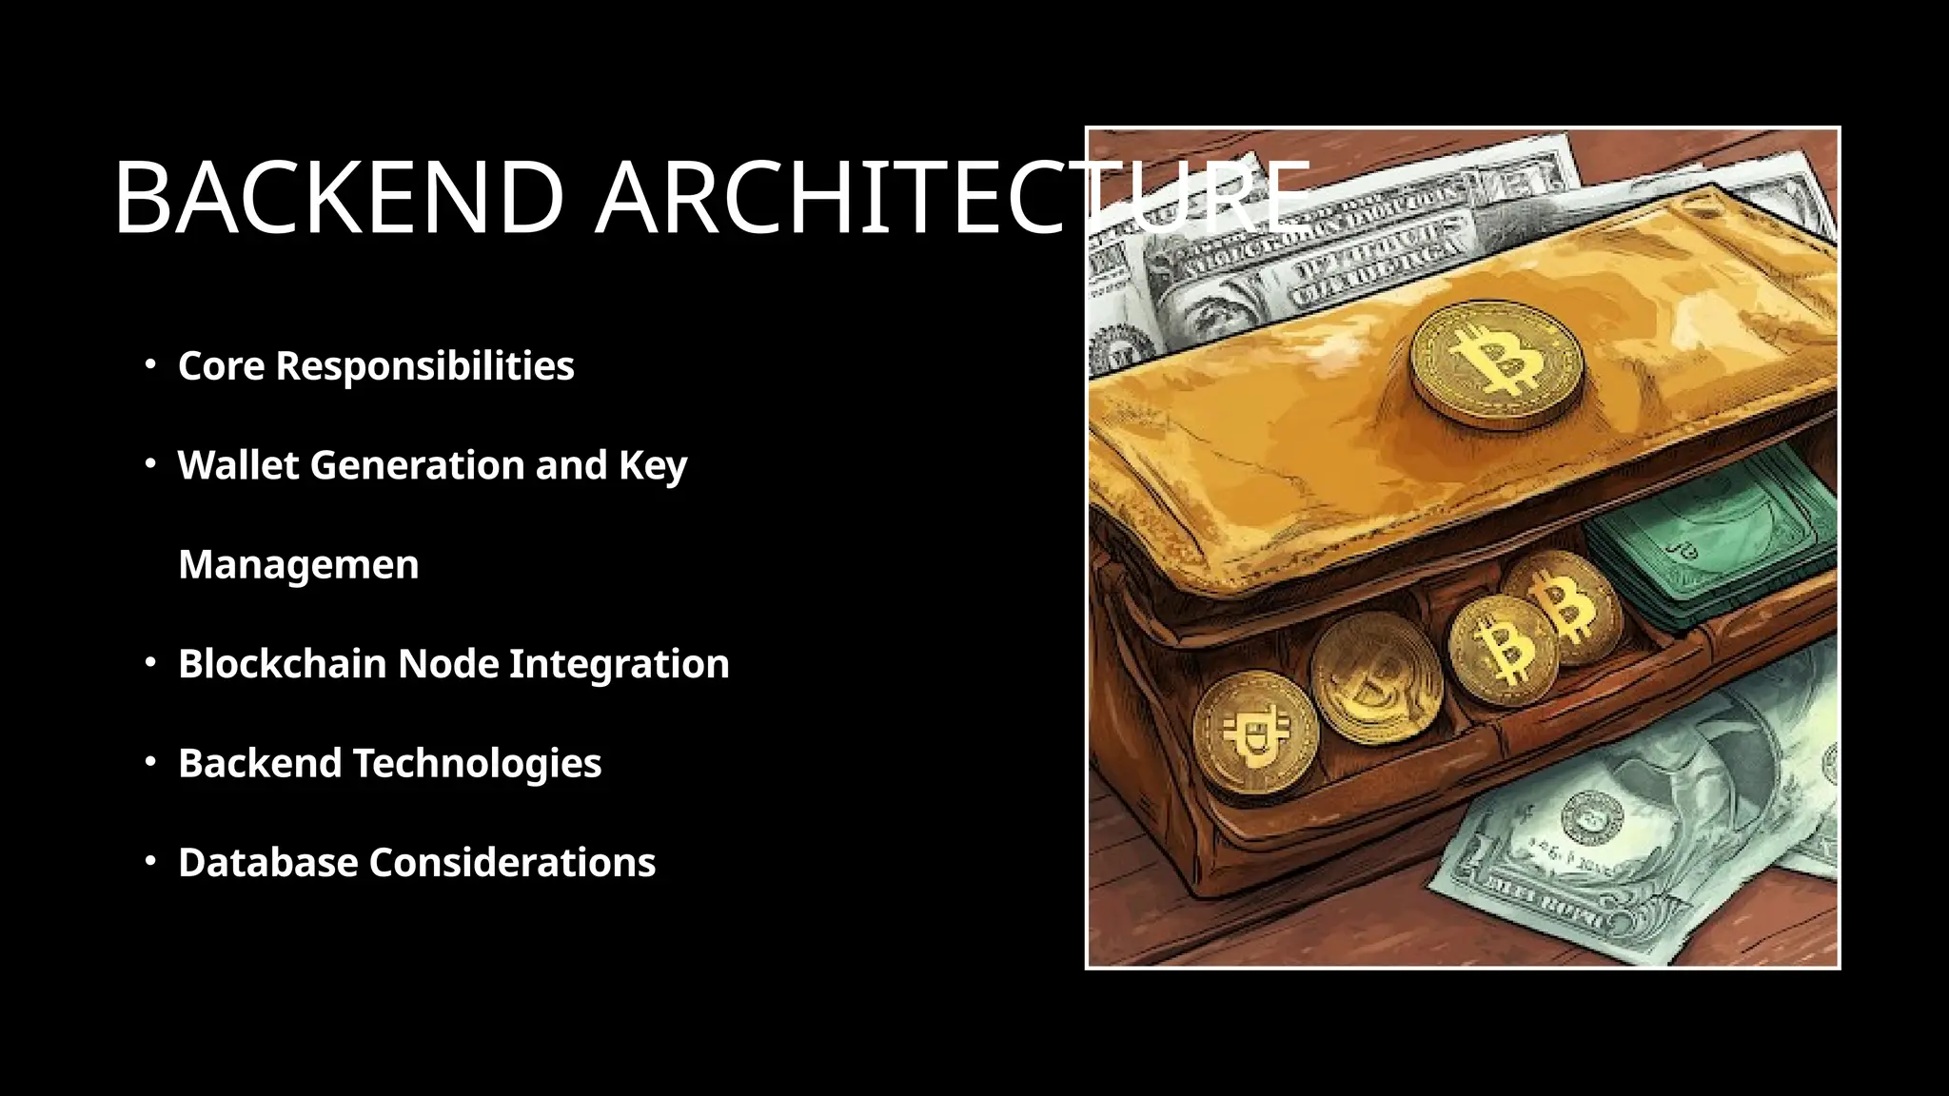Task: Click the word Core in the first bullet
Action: pos(221,366)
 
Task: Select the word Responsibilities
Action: pos(424,366)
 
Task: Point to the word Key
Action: pos(653,467)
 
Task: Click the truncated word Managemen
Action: pos(298,565)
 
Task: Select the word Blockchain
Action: pos(282,664)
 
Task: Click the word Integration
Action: pos(619,665)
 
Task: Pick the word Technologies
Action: pos(477,763)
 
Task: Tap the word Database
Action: pos(267,863)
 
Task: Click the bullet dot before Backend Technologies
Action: pos(150,762)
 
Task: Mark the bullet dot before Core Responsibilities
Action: pos(150,364)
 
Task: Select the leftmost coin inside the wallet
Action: pos(1255,733)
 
